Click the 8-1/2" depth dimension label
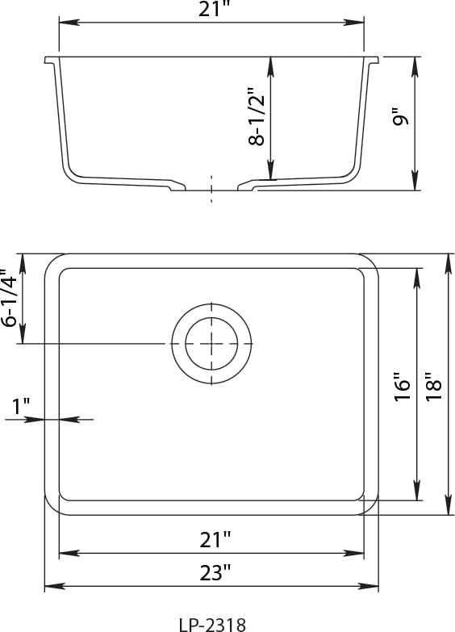[x=257, y=115]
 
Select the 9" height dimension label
[x=401, y=116]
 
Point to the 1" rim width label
[x=21, y=406]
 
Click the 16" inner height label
[x=402, y=385]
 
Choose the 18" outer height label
[x=434, y=385]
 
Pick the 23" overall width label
[x=215, y=573]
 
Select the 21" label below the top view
[x=215, y=540]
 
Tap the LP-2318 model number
[x=212, y=625]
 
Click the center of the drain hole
[x=211, y=343]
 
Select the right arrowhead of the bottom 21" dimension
[x=354, y=554]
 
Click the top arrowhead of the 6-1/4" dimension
[x=22, y=263]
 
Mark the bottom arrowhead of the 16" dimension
[x=417, y=491]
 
